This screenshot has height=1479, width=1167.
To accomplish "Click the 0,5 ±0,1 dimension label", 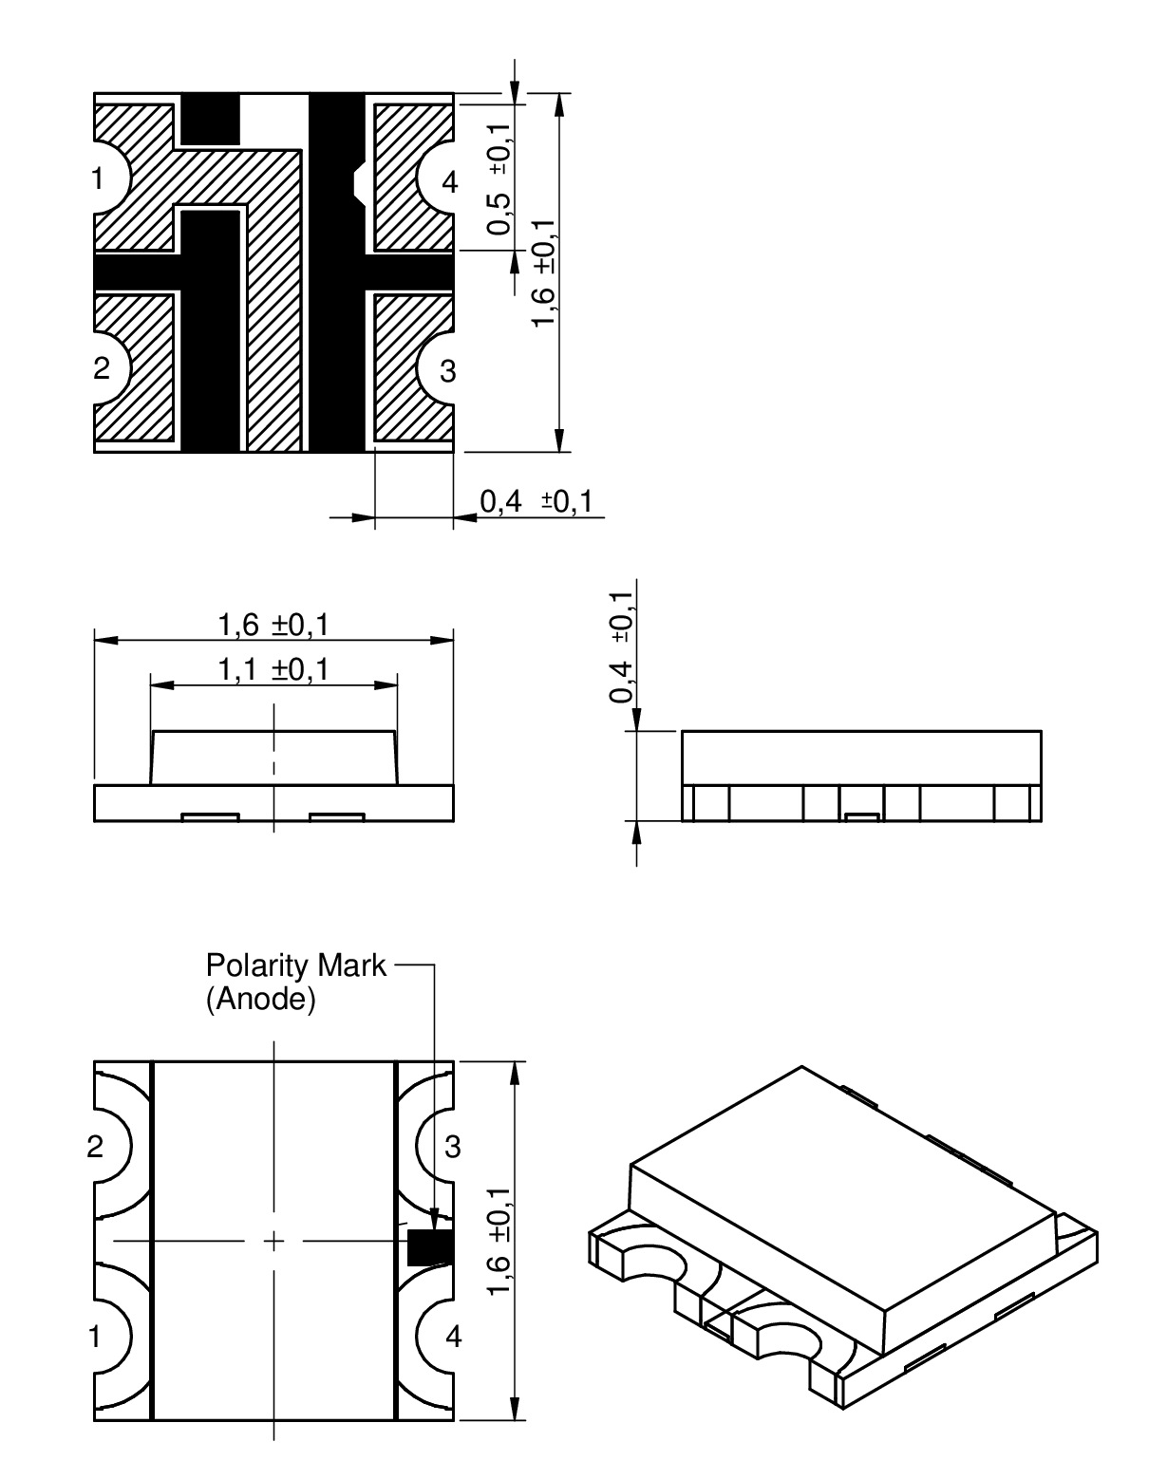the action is click(500, 178).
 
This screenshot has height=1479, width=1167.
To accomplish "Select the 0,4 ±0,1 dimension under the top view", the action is click(536, 502).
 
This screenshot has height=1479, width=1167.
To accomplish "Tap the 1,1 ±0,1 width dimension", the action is click(273, 669).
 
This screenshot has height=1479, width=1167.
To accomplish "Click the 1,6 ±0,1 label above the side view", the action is click(273, 626).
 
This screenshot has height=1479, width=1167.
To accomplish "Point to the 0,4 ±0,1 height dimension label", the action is click(621, 646).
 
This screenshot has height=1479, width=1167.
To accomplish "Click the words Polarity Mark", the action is click(295, 964).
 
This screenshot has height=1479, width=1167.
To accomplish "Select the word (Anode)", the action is click(260, 1000).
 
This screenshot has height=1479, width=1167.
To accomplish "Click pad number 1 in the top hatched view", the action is click(98, 178).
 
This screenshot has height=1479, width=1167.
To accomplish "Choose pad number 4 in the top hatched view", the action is click(449, 183).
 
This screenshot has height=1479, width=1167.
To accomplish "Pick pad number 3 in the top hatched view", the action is click(447, 371).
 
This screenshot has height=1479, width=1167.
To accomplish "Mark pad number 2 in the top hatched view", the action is click(101, 368).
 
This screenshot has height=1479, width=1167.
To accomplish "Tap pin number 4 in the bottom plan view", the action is click(453, 1337).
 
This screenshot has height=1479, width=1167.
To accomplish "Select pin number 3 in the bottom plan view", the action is click(453, 1147).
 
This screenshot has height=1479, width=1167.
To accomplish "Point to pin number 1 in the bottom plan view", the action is click(95, 1337).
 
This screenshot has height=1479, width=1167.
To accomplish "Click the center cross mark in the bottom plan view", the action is click(273, 1241).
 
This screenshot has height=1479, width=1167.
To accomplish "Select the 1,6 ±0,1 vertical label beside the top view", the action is click(544, 272).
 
